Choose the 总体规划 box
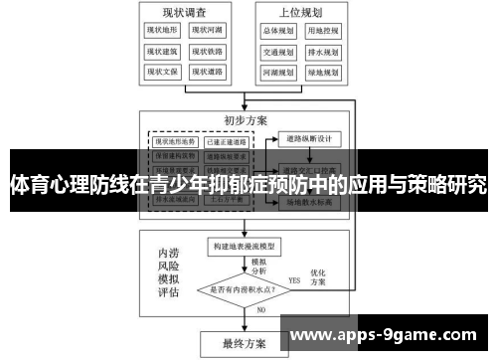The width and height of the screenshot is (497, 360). pyautogui.click(x=278, y=31)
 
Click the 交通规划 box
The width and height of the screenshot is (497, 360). pyautogui.click(x=278, y=52)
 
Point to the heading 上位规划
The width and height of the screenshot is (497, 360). pyautogui.click(x=301, y=11)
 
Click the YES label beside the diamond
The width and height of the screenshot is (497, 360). pyautogui.click(x=294, y=281)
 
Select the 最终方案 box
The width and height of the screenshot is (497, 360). pyautogui.click(x=245, y=343)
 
